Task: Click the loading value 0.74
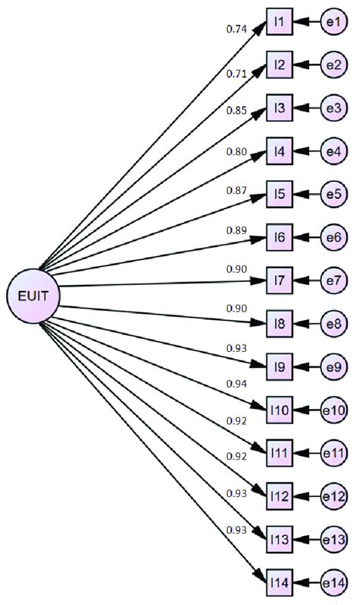tap(236, 29)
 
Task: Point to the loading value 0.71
tap(236, 73)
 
